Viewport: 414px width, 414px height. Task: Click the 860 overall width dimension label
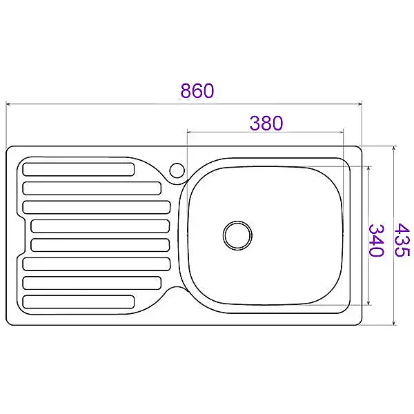coord(197,90)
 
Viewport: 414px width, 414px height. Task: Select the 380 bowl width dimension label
coord(266,123)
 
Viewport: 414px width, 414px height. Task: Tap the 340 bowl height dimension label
coord(376,240)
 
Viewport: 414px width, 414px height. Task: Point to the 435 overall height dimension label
coord(402,239)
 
